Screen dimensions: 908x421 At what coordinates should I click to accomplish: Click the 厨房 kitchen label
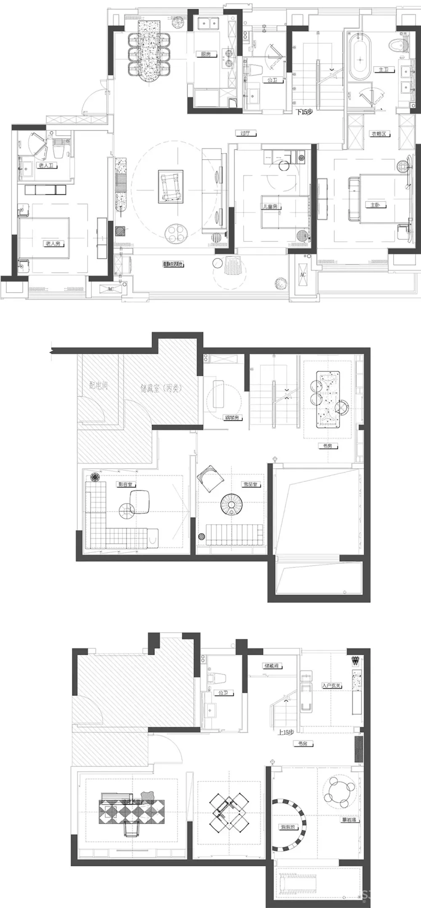(x=205, y=54)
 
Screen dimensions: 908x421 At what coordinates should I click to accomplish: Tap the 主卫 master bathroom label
(x=383, y=70)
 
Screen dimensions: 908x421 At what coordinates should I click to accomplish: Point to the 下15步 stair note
(x=304, y=112)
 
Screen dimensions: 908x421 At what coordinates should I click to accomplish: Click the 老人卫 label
(x=47, y=166)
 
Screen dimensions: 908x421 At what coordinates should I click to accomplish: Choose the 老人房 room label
(x=53, y=244)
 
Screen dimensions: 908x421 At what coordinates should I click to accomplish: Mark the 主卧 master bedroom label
(x=375, y=205)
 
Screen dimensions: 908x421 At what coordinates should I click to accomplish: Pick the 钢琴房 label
(x=232, y=418)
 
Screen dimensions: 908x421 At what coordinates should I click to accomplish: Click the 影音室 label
(x=125, y=485)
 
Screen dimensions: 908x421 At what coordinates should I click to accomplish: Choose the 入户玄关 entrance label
(x=331, y=686)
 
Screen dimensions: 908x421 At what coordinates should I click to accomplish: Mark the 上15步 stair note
(x=286, y=732)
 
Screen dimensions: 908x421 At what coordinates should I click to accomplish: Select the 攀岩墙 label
(x=349, y=820)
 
